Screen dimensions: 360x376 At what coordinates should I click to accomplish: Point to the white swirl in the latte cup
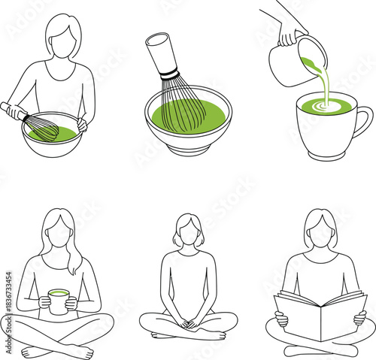pos(326,107)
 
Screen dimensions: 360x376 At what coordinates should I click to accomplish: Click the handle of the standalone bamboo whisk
pos(161,53)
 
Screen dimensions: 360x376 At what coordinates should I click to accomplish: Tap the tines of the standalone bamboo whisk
pos(183,105)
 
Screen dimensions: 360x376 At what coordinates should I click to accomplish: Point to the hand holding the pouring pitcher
pos(289,34)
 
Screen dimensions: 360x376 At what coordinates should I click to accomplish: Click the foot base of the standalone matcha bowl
pos(187,150)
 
